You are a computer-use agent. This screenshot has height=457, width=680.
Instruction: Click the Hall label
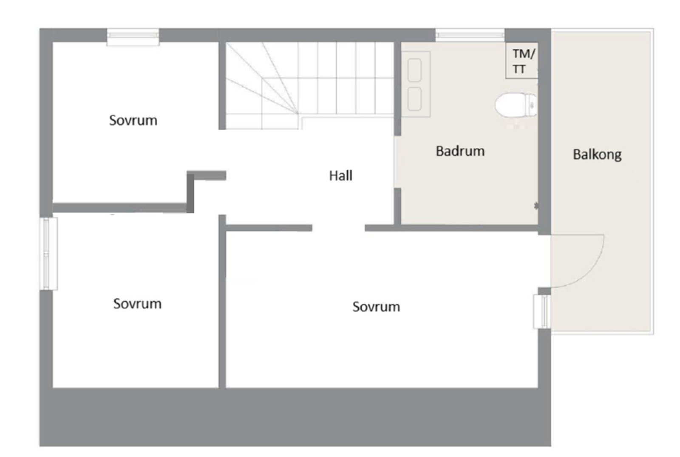(x=340, y=176)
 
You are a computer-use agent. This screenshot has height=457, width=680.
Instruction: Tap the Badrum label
(x=460, y=151)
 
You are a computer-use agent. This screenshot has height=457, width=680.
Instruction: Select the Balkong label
(x=597, y=154)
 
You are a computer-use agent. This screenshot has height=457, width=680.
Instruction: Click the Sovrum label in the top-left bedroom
(x=133, y=121)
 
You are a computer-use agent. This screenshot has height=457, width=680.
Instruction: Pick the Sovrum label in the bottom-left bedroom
(x=137, y=304)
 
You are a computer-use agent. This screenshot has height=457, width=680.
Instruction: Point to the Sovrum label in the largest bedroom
(x=376, y=307)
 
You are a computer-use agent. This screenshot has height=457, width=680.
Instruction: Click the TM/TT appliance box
(x=522, y=61)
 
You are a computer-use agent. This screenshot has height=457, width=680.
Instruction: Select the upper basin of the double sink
(x=414, y=70)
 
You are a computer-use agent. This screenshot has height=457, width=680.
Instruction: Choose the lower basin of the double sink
(x=414, y=99)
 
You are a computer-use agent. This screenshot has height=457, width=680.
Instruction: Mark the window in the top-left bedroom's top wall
(x=133, y=37)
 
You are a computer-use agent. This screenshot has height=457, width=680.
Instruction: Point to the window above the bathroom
(x=470, y=35)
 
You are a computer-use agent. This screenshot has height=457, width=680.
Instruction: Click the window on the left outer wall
(x=48, y=254)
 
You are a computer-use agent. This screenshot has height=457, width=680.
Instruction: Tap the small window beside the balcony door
(x=542, y=311)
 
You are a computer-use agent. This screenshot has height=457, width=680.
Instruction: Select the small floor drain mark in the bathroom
(x=536, y=206)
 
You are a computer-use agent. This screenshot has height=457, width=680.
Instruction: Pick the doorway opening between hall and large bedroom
(x=338, y=228)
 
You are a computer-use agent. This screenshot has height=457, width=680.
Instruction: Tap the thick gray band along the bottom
(x=295, y=417)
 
